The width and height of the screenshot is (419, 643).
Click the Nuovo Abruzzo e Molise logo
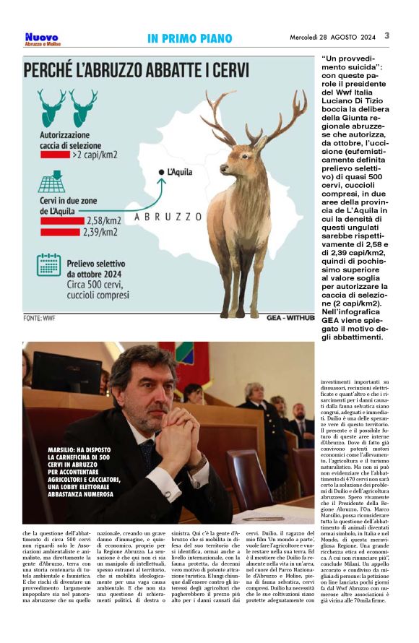[41, 38]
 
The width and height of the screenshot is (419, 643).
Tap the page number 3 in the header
[386, 35]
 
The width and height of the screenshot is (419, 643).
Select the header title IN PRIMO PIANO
[189, 38]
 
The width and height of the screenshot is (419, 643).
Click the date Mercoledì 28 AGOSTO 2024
[333, 37]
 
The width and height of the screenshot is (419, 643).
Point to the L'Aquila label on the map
[179, 171]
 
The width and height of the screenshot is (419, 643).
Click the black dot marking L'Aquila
[161, 172]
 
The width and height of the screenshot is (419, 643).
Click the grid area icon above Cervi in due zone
[51, 182]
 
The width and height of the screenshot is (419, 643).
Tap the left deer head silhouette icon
[51, 107]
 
